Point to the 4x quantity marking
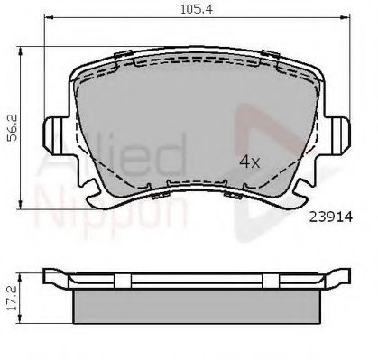pyautogui.click(x=248, y=162)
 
